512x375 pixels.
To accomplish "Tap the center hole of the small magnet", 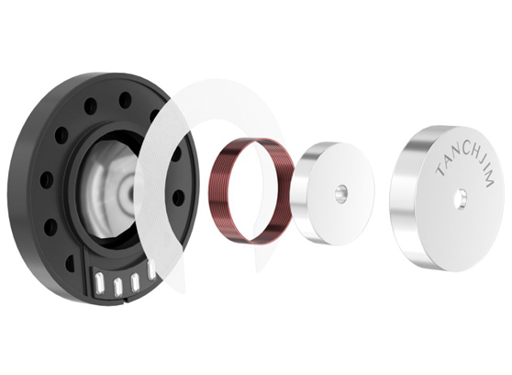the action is pyautogui.click(x=341, y=192).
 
